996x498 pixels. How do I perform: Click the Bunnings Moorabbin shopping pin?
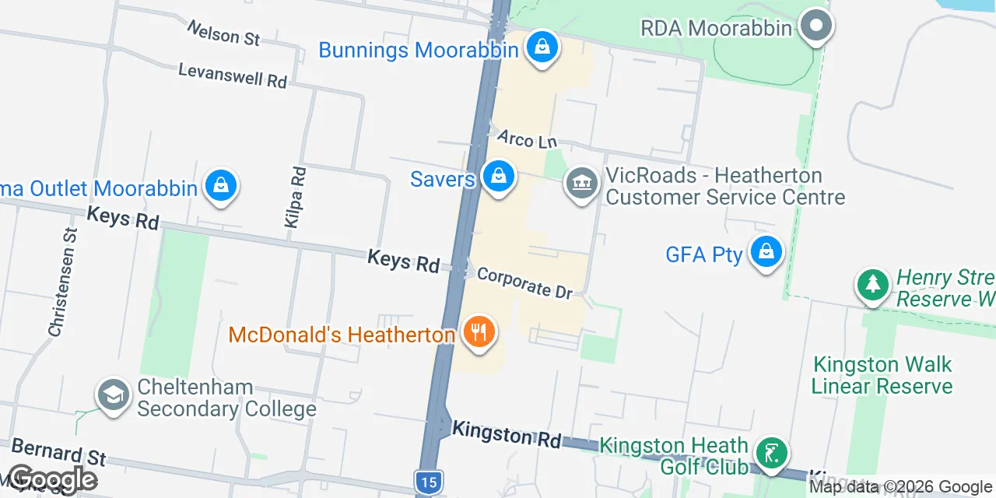(542, 47)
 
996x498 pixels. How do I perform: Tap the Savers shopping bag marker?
(498, 177)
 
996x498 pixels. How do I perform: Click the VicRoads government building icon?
(582, 184)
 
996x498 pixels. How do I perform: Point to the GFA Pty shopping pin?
(766, 251)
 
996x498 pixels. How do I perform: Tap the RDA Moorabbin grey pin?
(815, 26)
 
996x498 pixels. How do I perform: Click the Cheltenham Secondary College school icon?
(114, 395)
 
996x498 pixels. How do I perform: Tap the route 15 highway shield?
(427, 482)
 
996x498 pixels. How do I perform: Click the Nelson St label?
(223, 33)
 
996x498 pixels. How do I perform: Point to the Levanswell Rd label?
(233, 75)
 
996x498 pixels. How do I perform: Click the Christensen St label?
(63, 282)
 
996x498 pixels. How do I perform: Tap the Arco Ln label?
(527, 139)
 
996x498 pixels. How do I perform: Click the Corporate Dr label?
(524, 283)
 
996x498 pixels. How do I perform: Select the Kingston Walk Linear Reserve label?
(882, 375)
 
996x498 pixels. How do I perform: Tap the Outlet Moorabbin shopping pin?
(221, 186)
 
